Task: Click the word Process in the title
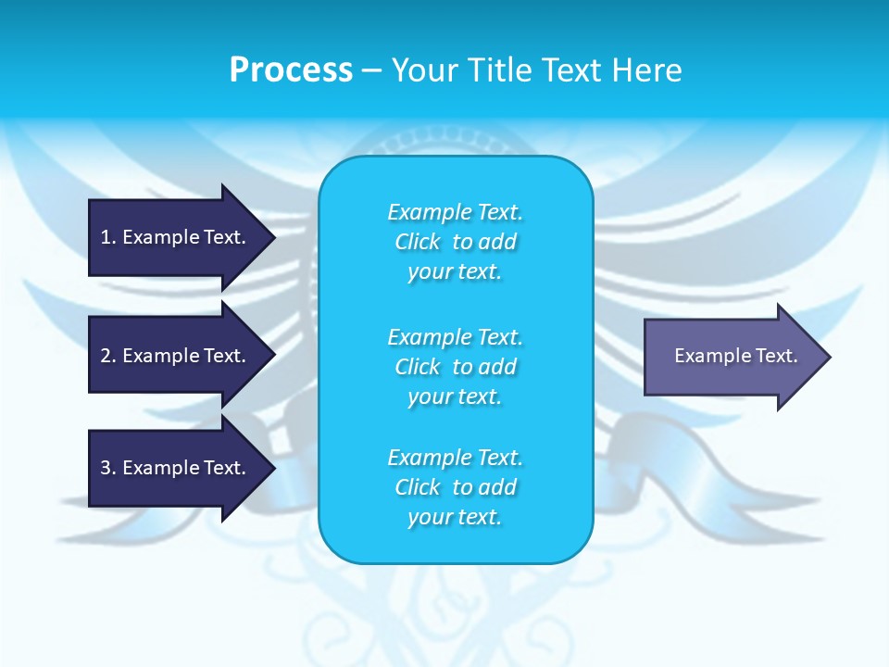click(x=291, y=70)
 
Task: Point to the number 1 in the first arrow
click(x=106, y=237)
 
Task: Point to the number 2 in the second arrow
click(x=106, y=356)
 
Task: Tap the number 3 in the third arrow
click(x=106, y=468)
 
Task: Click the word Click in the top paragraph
click(x=418, y=243)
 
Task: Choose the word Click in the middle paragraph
click(x=418, y=367)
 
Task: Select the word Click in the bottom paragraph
click(x=418, y=487)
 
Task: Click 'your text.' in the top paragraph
click(x=455, y=272)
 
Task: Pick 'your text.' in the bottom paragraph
click(x=455, y=517)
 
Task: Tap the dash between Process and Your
click(x=372, y=70)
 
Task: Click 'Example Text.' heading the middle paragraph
click(x=455, y=336)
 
